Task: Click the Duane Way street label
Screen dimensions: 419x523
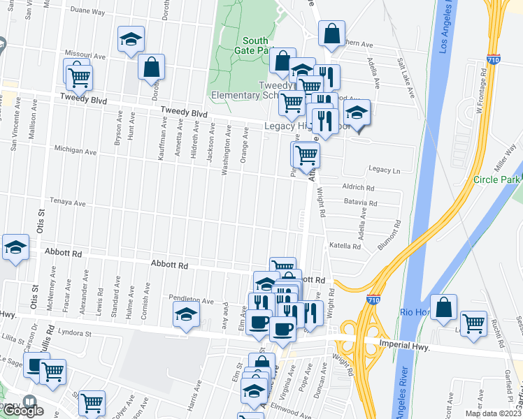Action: [x=87, y=12]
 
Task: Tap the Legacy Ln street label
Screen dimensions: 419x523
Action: [x=384, y=170]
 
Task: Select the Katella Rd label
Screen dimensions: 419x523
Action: [x=344, y=246]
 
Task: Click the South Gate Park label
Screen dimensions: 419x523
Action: [x=255, y=46]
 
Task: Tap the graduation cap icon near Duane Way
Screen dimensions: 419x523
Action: [x=131, y=41]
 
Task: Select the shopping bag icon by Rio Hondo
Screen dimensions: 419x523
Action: [x=444, y=307]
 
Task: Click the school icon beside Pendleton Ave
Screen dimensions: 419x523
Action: [x=187, y=315]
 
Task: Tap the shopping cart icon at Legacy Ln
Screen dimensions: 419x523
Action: [x=306, y=155]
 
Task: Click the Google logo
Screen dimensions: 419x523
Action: [x=22, y=411]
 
